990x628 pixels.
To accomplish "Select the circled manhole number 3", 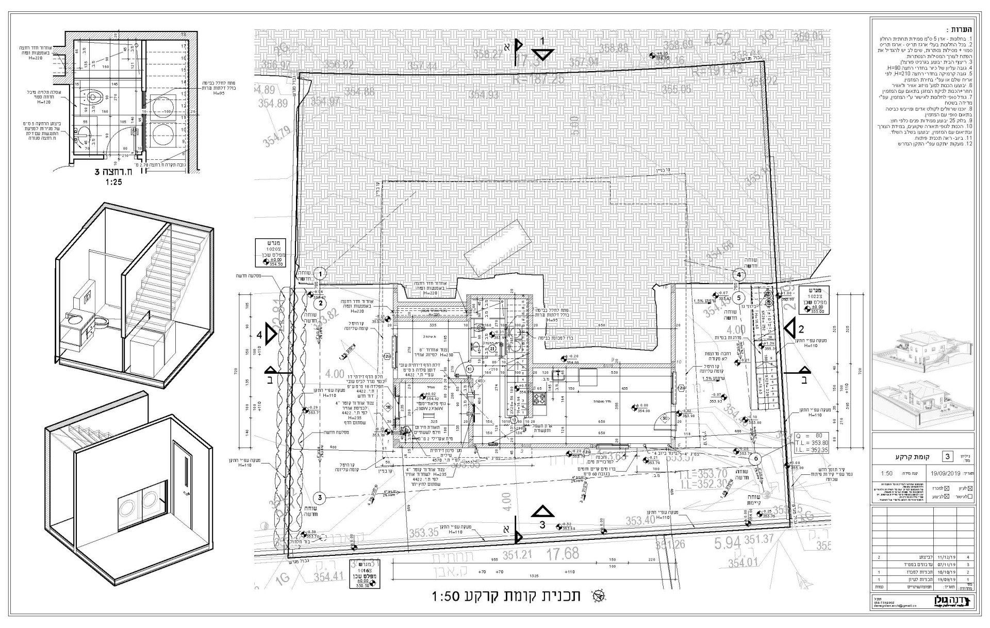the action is coord(320,498).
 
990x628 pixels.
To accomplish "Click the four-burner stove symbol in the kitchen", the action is coord(539,399).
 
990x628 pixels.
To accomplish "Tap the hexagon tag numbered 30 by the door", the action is coord(665,419).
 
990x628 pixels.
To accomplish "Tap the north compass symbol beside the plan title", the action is coord(600,596).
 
